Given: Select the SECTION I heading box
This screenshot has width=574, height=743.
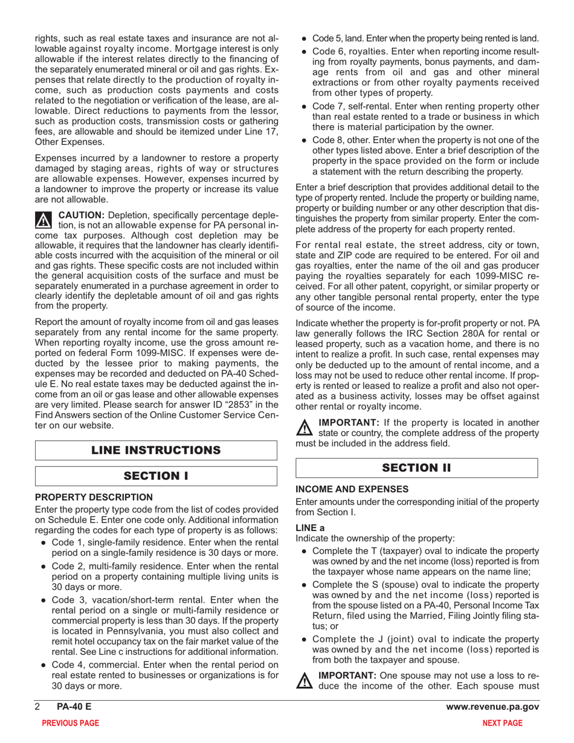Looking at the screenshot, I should pyautogui.click(x=156, y=475).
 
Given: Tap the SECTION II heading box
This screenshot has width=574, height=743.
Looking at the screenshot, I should pyautogui.click(x=416, y=468).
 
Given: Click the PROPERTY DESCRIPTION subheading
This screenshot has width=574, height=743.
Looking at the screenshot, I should pyautogui.click(x=94, y=497).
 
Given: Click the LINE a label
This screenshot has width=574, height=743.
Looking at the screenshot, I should pyautogui.click(x=310, y=527).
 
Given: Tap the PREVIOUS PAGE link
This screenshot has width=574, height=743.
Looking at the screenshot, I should pyautogui.click(x=70, y=723).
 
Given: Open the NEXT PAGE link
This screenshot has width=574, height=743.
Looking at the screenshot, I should pyautogui.click(x=503, y=723).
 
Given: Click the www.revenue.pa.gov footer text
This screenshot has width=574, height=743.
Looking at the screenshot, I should pyautogui.click(x=492, y=707).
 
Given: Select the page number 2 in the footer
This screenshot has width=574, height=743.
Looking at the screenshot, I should pyautogui.click(x=37, y=707).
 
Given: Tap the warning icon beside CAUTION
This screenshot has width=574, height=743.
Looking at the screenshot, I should pyautogui.click(x=44, y=220).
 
